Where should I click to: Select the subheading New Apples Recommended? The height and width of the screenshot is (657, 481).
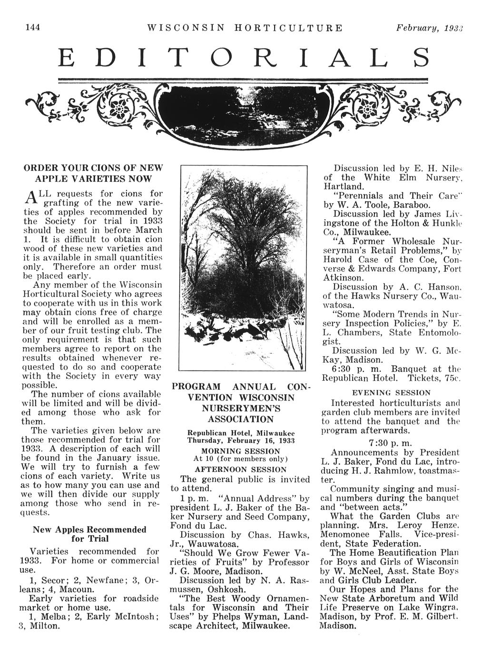tap(89, 529)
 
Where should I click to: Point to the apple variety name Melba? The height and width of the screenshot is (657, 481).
tap(52, 617)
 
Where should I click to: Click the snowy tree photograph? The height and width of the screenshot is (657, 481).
tap(243, 268)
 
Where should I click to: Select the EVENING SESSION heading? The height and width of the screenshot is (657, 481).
tap(391, 393)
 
